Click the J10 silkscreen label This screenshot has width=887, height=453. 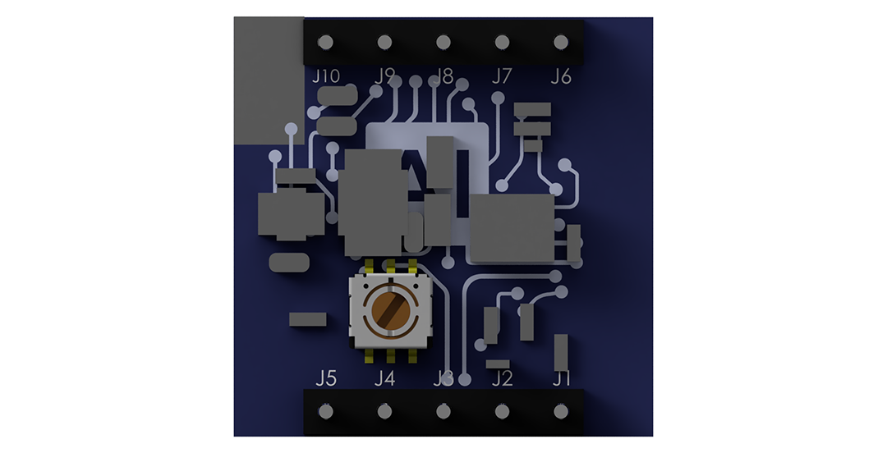click(x=326, y=76)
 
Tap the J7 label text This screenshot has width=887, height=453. click(x=501, y=76)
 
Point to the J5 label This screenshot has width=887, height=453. click(x=326, y=378)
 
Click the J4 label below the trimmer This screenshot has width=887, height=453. click(x=384, y=378)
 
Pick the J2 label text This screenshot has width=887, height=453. click(x=501, y=378)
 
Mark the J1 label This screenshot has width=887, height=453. click(x=561, y=378)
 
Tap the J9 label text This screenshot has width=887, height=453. click(x=384, y=75)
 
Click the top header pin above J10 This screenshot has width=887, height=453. click(x=326, y=42)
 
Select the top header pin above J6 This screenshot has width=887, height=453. click(x=561, y=42)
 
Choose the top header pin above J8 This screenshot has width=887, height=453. click(x=443, y=42)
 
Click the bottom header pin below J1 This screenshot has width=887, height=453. click(x=561, y=411)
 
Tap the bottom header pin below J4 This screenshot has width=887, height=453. click(x=384, y=411)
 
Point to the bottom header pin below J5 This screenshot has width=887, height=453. click(x=326, y=411)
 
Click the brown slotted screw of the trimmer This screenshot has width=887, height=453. click(x=391, y=312)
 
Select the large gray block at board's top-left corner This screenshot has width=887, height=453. click(x=268, y=80)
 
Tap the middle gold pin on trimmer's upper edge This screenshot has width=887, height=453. click(x=391, y=266)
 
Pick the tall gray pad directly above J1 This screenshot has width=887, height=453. click(x=562, y=350)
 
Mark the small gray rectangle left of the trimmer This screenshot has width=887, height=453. click(x=307, y=319)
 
